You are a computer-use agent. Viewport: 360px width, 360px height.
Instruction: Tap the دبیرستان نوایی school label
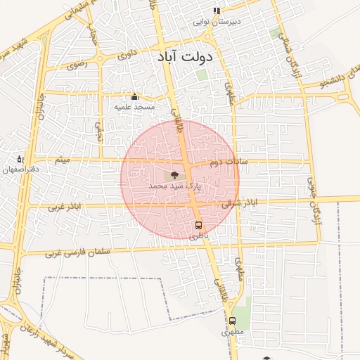[217, 22]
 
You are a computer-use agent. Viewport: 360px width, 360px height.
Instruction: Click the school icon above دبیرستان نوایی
[217, 11]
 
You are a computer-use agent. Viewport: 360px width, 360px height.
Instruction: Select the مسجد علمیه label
[134, 106]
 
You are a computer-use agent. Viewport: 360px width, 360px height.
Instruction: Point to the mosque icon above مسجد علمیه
[134, 96]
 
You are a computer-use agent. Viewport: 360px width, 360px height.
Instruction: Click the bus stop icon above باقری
[198, 226]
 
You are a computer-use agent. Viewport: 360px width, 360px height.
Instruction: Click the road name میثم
[64, 160]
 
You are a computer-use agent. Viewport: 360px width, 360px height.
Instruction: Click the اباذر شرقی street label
[239, 203]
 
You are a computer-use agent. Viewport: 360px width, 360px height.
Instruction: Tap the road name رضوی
[77, 65]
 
